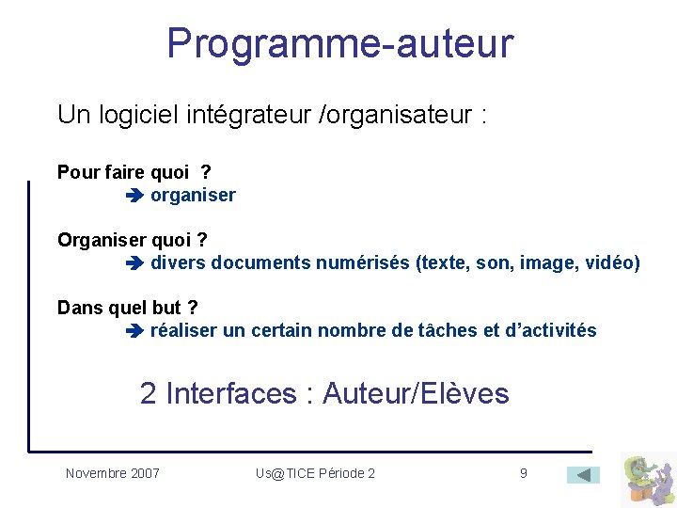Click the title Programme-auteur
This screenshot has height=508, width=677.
point(339,43)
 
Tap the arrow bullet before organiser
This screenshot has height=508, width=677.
point(133,197)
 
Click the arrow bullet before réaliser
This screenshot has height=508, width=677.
point(133,331)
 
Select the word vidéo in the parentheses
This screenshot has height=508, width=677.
point(608,263)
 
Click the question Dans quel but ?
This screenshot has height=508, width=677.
point(128,308)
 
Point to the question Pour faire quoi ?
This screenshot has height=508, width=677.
point(134,172)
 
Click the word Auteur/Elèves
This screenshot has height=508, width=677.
point(416,393)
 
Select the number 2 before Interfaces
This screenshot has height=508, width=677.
point(149,393)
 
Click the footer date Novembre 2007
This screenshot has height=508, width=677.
point(113,473)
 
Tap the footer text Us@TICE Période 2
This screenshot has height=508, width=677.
point(315,473)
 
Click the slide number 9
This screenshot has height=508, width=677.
point(524,473)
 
